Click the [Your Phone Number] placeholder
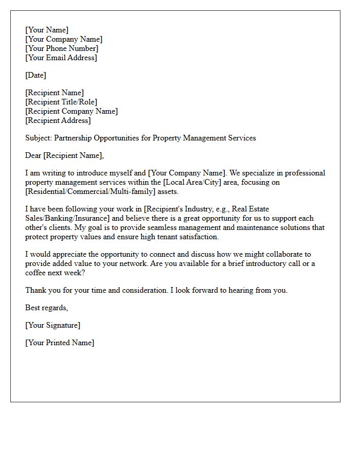[62, 48]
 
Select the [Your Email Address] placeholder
[61, 58]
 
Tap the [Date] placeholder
[35, 75]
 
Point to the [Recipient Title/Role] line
[61, 102]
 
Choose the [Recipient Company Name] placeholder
[71, 111]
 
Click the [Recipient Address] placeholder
[58, 120]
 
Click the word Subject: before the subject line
[39, 138]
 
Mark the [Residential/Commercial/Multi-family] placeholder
[89, 191]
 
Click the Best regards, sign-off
[46, 308]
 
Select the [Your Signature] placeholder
[52, 325]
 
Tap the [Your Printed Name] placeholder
[60, 343]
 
